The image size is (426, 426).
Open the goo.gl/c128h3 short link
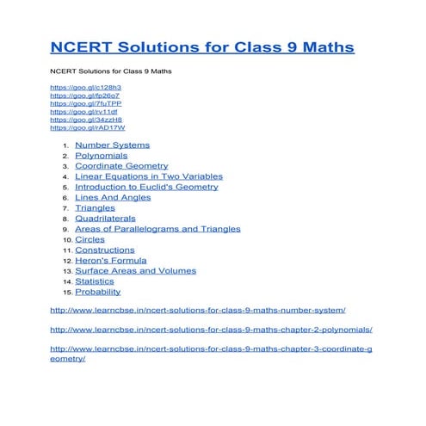click(85, 88)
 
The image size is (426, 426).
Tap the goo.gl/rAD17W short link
click(88, 127)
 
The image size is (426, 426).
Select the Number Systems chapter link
click(112, 145)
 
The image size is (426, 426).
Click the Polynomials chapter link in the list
click(101, 156)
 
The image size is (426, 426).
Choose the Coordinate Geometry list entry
click(121, 166)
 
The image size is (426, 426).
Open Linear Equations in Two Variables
click(148, 176)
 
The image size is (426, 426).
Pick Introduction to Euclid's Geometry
click(146, 187)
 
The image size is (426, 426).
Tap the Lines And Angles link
click(113, 197)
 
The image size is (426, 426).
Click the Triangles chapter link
click(95, 208)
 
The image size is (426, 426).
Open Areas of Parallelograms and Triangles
click(157, 229)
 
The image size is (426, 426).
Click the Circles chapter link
click(90, 239)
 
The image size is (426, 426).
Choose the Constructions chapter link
click(104, 250)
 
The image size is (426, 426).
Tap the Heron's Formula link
click(111, 260)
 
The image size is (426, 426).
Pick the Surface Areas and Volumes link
click(135, 270)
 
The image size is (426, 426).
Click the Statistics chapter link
click(94, 281)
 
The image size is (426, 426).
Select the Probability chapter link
click(97, 292)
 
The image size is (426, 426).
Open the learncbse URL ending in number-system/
click(198, 309)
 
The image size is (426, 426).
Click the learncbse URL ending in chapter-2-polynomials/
click(211, 329)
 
